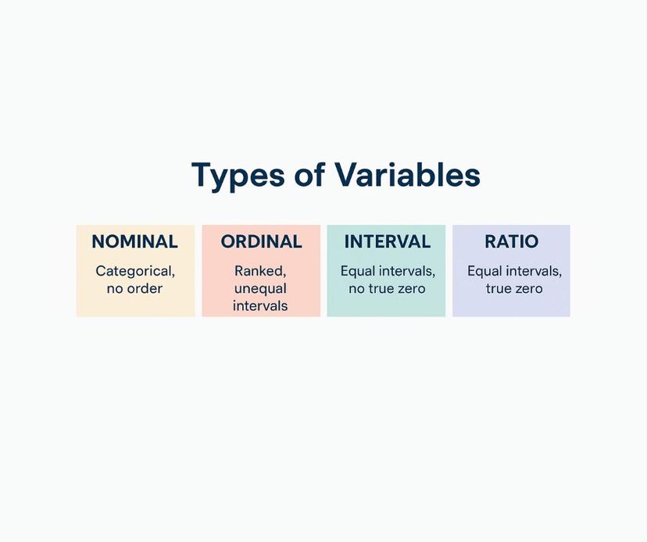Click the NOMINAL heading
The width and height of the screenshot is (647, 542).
(134, 242)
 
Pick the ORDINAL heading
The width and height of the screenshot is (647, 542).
(261, 242)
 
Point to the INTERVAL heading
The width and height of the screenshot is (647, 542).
(387, 242)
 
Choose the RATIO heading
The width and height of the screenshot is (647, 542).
(511, 242)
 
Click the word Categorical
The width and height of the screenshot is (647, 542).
(134, 272)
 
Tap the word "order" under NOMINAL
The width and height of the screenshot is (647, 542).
(145, 289)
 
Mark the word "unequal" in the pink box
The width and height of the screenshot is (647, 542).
(260, 289)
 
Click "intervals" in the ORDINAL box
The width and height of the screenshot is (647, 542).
(260, 306)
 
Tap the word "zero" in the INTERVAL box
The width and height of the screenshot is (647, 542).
(411, 289)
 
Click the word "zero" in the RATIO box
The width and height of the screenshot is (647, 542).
(527, 289)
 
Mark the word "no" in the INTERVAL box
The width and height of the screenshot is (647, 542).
(356, 289)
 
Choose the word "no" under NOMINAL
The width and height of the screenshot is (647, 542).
(115, 289)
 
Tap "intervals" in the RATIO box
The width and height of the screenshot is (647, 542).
(534, 272)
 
